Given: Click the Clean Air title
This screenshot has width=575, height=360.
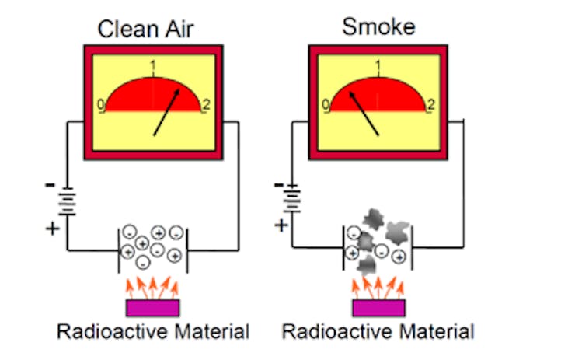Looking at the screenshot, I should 145,30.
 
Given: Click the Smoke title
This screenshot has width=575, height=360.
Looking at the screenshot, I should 378,27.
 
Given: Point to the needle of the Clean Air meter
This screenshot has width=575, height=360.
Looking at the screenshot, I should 169,112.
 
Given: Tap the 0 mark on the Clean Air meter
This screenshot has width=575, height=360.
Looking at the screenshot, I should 101,105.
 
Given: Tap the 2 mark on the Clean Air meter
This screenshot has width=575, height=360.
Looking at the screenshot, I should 205,105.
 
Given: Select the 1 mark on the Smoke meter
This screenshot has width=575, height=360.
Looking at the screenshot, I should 378,67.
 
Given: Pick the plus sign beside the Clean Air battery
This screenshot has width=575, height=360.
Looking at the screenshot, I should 52,228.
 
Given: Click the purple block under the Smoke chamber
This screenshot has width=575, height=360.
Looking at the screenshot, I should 378,308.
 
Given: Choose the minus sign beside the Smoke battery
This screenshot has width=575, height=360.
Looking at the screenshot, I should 279,185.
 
